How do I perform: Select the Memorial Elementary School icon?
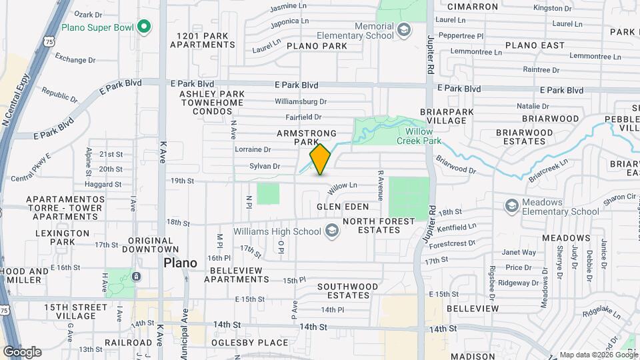click(x=403, y=30)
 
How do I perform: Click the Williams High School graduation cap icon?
click(x=331, y=231)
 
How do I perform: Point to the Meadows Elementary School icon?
click(x=511, y=205)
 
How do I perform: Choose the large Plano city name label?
click(x=181, y=263)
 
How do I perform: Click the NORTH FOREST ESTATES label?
click(x=371, y=225)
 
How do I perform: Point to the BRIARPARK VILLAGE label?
click(x=443, y=116)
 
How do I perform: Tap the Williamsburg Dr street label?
click(x=301, y=102)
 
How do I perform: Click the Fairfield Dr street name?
click(x=299, y=117)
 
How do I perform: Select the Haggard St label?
click(x=104, y=185)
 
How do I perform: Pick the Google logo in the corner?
click(x=22, y=352)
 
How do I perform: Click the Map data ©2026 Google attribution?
click(x=599, y=355)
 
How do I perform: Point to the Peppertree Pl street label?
click(x=459, y=35)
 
